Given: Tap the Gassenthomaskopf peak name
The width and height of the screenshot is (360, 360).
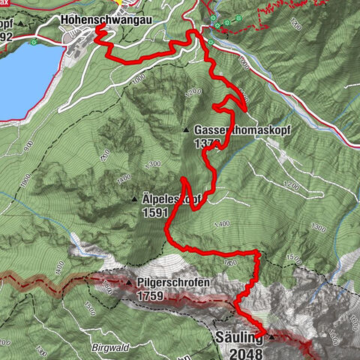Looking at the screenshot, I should pos(241,129).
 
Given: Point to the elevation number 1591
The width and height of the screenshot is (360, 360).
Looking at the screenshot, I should pos(154,212).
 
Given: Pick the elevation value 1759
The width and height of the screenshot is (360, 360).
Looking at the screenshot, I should pos(152,295).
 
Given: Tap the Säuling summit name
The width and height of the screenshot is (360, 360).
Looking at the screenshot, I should pos(238,338).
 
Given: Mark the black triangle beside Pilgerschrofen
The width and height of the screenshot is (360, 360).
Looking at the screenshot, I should pos(129,283).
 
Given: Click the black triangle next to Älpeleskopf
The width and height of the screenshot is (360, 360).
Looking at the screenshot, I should pos(134,199).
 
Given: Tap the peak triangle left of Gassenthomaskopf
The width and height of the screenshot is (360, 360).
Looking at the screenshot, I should pos(186,130).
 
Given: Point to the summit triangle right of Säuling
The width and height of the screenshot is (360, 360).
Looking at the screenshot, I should pos(271,337).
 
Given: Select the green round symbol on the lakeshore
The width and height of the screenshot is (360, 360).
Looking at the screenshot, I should pos(34,43).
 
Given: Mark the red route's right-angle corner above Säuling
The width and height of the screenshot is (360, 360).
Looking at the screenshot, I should pos(259,254).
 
